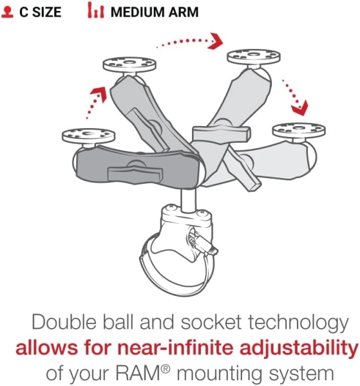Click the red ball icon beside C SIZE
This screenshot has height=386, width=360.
pyautogui.click(x=7, y=12)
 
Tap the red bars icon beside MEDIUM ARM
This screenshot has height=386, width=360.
pyautogui.click(x=96, y=10)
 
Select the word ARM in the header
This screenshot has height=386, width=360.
pyautogui.click(x=184, y=12)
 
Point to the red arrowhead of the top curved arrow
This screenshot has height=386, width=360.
pyautogui.click(x=216, y=41)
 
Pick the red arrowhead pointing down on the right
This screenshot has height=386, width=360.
pyautogui.click(x=299, y=108)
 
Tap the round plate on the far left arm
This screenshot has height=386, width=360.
pyautogui.click(x=88, y=136)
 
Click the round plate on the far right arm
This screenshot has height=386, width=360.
pyautogui.click(x=299, y=130)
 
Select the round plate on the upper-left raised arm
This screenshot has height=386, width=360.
pyautogui.click(x=129, y=65)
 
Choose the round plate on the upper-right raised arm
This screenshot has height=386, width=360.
pyautogui.click(x=254, y=57)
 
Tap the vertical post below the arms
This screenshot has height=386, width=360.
pyautogui.click(x=189, y=199)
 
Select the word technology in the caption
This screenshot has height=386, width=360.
pyautogui.click(x=298, y=323)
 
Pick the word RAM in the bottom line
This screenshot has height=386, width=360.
pyautogui.click(x=140, y=373)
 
